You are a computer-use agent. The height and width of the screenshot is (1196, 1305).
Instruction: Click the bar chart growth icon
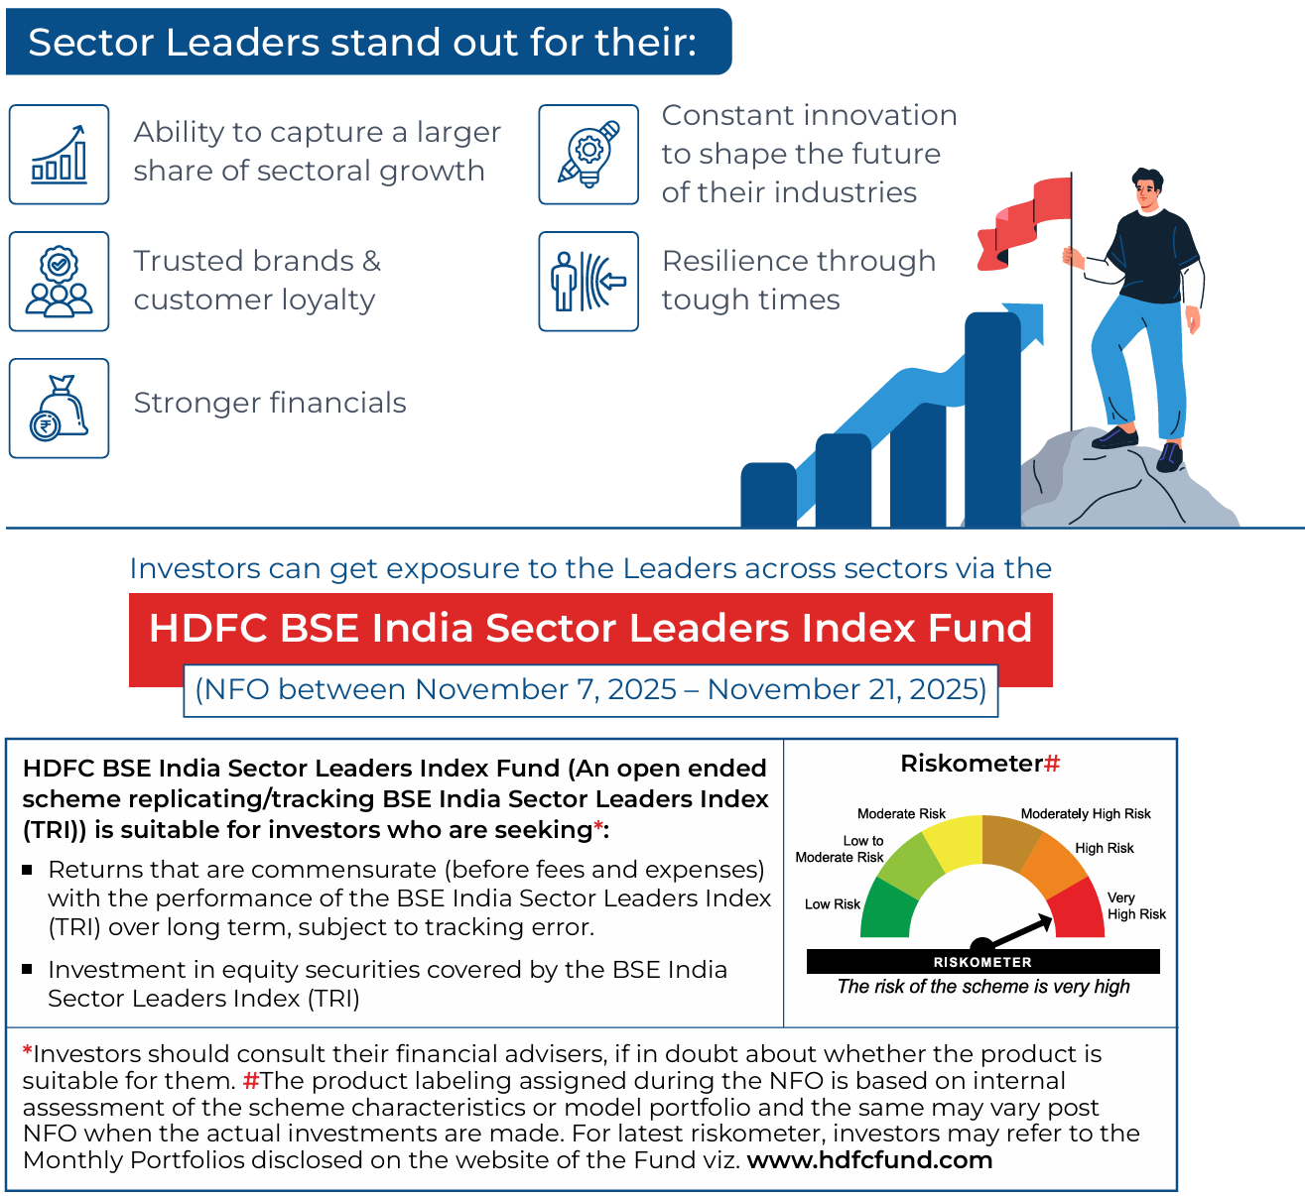pos(59,155)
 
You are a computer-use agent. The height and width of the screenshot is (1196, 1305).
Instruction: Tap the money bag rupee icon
pos(59,409)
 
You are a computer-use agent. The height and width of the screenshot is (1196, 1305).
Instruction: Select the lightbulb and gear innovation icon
pos(588,155)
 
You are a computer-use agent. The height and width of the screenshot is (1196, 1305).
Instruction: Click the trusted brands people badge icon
pos(59,282)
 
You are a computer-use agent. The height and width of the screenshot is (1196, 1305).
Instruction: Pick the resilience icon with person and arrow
pos(588,282)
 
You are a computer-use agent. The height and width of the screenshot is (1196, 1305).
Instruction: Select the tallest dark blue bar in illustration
pos(992,417)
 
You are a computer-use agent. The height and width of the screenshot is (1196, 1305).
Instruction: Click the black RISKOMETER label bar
pos(982,962)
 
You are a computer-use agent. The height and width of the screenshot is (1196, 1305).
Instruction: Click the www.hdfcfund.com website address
pos(869,1160)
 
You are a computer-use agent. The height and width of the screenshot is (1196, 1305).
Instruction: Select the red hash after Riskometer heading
pos(1053,764)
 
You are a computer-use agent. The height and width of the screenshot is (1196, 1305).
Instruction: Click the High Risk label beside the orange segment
pos(1105,848)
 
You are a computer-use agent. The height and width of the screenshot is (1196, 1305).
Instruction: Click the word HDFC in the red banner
pos(207,629)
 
